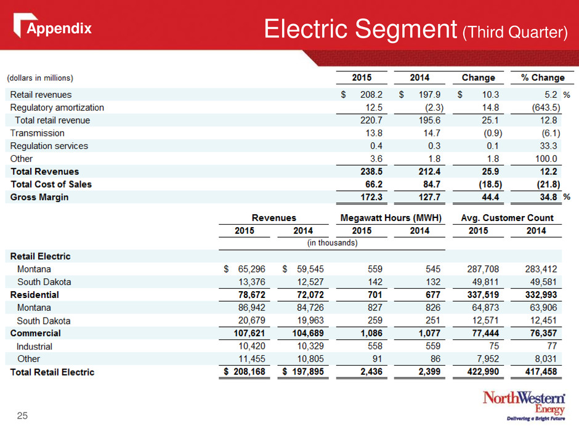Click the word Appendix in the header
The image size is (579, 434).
59,28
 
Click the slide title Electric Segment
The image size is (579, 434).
361,29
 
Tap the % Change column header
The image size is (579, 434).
543,78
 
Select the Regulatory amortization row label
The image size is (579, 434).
57,107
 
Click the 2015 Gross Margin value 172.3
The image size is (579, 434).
371,197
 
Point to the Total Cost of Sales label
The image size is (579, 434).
51,184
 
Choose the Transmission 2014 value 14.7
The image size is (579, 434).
432,133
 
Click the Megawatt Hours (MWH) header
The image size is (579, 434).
391,218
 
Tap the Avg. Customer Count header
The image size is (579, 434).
508,218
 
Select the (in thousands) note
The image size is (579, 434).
333,243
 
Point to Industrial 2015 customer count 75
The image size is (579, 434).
494,346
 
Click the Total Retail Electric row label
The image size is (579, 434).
52,372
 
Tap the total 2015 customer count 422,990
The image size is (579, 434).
483,372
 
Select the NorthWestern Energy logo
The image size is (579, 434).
524,406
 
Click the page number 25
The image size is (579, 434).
22,416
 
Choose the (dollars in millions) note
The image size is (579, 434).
40,78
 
